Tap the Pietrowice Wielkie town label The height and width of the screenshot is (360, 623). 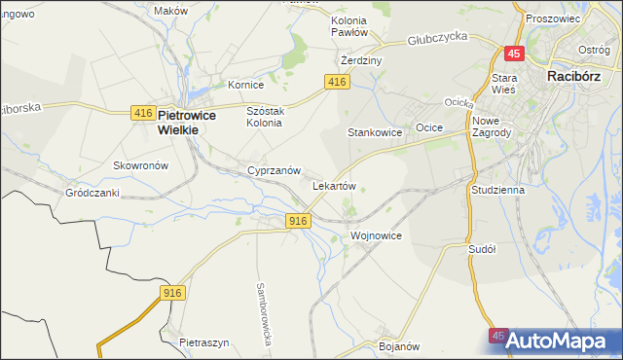193,121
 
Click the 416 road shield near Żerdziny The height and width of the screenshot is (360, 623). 338,83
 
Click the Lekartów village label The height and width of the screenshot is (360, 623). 334,185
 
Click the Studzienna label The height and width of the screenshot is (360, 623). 497,191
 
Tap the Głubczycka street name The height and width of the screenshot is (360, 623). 438,37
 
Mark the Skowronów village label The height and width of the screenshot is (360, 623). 141,165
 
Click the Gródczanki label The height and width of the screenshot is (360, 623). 92,193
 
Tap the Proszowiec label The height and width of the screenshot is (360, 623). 552,18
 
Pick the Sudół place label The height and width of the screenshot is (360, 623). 482,249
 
